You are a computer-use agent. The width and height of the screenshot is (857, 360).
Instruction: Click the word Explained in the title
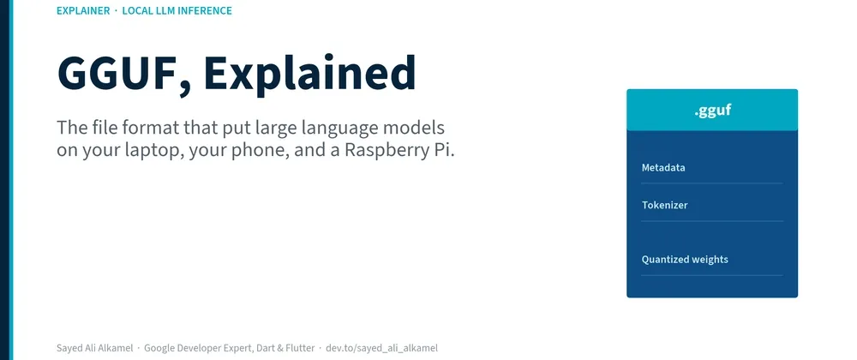[x=310, y=73]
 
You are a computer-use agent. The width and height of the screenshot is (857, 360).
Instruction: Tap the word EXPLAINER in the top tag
[x=83, y=10]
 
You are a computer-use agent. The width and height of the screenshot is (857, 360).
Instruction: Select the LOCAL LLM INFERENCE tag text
[x=177, y=10]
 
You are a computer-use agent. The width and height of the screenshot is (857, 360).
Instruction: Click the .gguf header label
[x=713, y=111]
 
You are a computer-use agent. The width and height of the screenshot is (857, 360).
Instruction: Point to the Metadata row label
[x=663, y=168]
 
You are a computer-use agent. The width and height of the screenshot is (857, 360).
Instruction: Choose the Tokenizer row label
[x=665, y=206]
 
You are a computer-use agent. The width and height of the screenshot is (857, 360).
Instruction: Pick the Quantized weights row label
[x=685, y=260]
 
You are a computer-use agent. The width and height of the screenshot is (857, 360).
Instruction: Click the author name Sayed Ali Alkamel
[x=94, y=348]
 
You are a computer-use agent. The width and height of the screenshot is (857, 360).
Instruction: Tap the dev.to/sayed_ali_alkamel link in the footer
[x=381, y=348]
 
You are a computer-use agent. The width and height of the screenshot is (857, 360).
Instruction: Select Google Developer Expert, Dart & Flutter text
[x=230, y=348]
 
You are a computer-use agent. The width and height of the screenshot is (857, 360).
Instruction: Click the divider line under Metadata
[x=712, y=183]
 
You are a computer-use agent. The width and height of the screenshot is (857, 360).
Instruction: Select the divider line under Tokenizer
[x=712, y=221]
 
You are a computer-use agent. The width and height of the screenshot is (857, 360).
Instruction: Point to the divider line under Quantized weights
[x=712, y=275]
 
